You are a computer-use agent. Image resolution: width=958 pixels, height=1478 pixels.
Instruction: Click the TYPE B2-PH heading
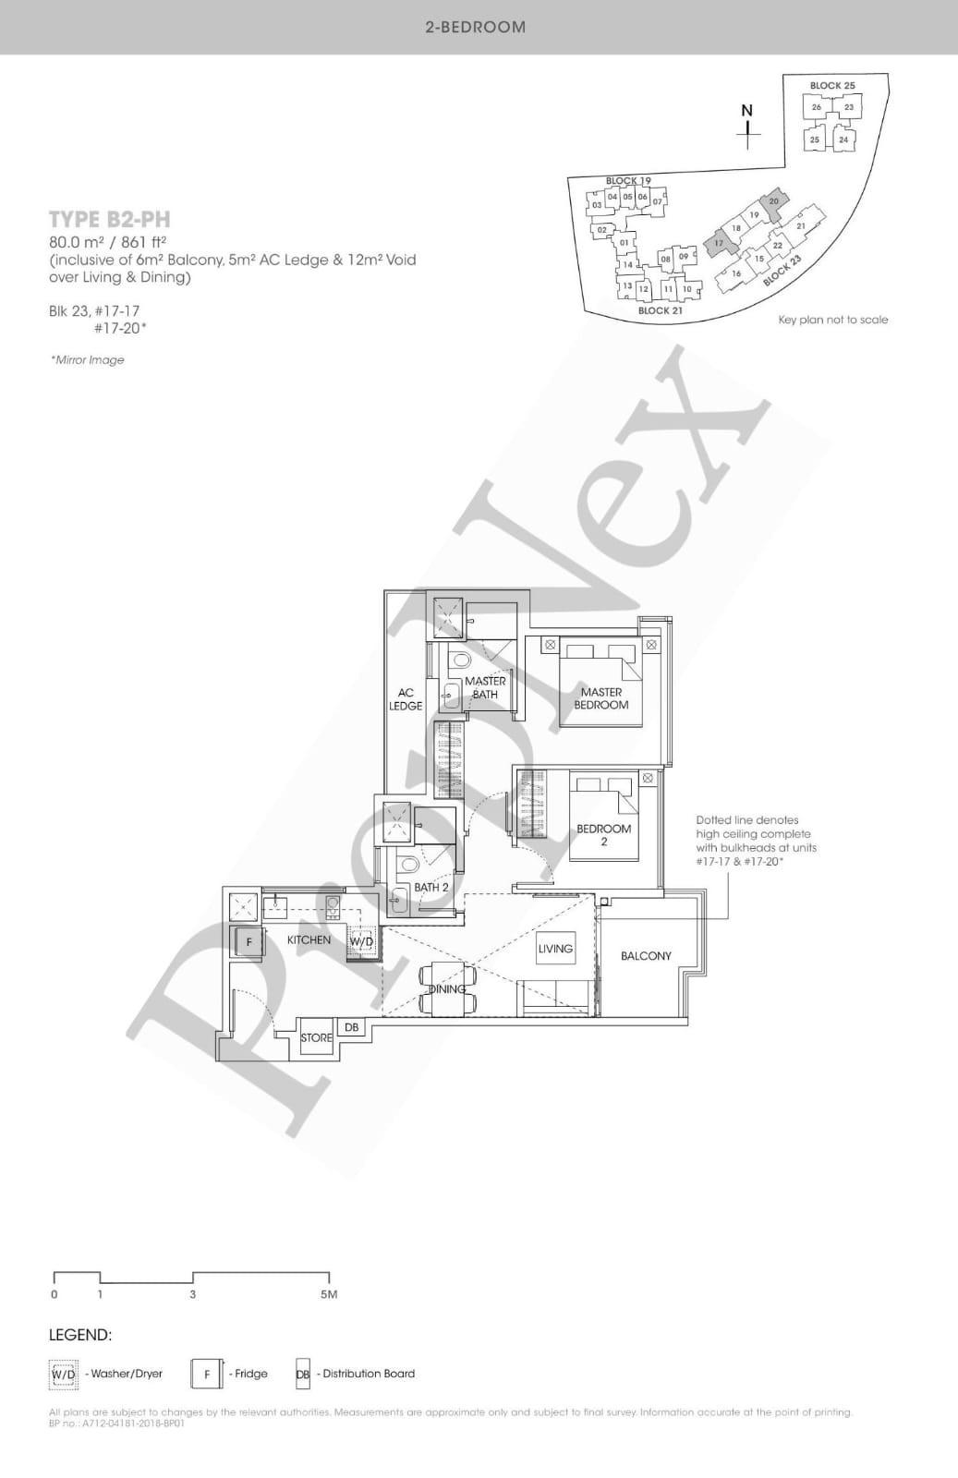coord(109,219)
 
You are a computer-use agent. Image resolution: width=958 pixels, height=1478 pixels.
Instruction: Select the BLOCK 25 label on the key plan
coord(832,86)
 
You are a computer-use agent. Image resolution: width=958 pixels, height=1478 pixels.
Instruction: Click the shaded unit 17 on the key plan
coord(720,242)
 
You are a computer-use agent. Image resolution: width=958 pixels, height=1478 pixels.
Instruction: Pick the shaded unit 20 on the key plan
coord(773,201)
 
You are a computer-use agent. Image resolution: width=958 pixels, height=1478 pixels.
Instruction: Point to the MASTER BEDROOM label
coord(601,698)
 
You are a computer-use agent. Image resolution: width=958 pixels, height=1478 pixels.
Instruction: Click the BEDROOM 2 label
coord(604,834)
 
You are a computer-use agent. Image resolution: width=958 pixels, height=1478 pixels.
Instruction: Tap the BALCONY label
coord(646,956)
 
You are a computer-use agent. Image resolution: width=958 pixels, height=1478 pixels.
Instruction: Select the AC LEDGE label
coord(406,699)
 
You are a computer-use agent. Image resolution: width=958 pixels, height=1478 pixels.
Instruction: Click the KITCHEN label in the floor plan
coord(309,939)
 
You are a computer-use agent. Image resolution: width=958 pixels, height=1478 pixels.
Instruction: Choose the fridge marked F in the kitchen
coord(249,942)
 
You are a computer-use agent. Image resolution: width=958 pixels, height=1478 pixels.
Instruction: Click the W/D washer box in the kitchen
coord(361,941)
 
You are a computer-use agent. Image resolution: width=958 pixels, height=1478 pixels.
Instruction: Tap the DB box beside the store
coord(351,1027)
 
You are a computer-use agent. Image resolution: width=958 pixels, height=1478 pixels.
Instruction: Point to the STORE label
coord(316,1038)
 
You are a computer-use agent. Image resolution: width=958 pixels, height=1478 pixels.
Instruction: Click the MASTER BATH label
coord(485,687)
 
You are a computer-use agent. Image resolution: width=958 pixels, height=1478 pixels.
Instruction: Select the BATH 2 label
coord(431,888)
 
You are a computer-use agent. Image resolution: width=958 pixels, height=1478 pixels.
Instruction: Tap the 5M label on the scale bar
coord(329,1294)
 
